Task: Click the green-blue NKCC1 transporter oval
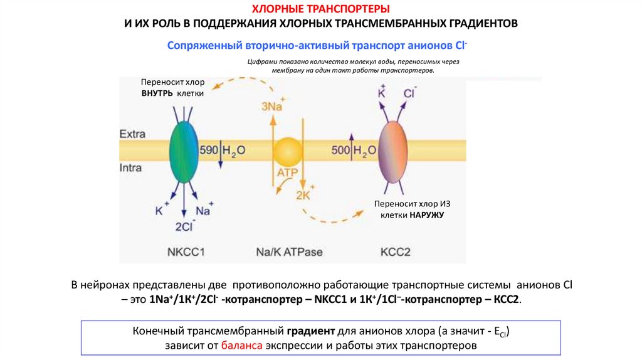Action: pyautogui.click(x=182, y=151)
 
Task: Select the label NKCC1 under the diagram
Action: pyautogui.click(x=186, y=251)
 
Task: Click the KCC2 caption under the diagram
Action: pyautogui.click(x=395, y=251)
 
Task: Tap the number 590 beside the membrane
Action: pyautogui.click(x=208, y=151)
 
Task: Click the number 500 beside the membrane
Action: pyautogui.click(x=341, y=151)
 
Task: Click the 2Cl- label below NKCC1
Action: pyautogui.click(x=186, y=225)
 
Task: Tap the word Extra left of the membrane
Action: pyautogui.click(x=132, y=134)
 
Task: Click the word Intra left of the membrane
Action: pyautogui.click(x=131, y=168)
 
